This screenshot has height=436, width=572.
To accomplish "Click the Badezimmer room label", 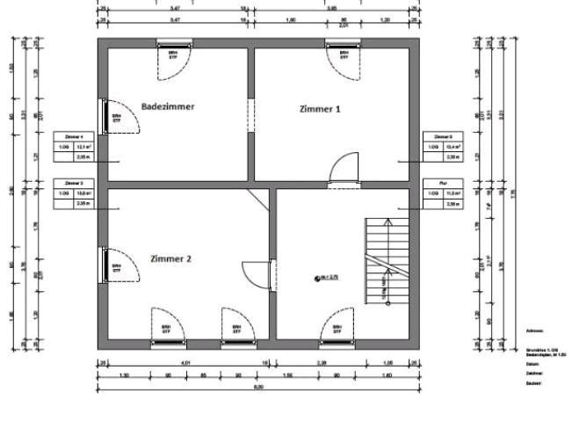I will [167, 106].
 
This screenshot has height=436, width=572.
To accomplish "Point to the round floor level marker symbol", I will [315, 278].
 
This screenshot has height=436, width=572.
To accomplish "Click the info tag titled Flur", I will [445, 194].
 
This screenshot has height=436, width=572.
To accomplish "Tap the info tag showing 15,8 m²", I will [73, 194].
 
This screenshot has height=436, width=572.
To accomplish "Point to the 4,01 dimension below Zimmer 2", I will [184, 361].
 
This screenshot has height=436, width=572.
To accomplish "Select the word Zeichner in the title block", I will [533, 373].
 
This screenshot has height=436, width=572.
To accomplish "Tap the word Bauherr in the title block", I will [533, 384].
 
